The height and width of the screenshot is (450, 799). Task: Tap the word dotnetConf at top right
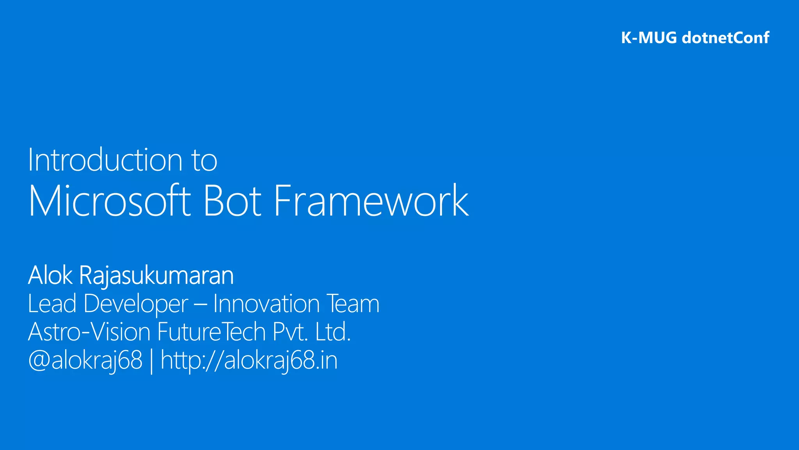[x=725, y=38]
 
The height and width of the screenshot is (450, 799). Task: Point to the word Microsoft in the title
[x=110, y=201]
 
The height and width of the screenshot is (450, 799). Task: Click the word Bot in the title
[x=232, y=201]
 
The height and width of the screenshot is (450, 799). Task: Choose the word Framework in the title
[x=371, y=201]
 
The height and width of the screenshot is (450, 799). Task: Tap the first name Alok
[x=50, y=275]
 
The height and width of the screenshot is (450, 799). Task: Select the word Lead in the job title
[x=52, y=304]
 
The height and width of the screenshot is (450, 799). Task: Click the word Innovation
[x=266, y=304]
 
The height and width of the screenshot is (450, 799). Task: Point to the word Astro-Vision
[x=89, y=332]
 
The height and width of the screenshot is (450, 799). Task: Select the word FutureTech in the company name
[x=211, y=332]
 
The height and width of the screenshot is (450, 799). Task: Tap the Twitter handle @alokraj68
[x=85, y=360]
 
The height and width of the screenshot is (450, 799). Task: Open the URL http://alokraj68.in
[x=249, y=360]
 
